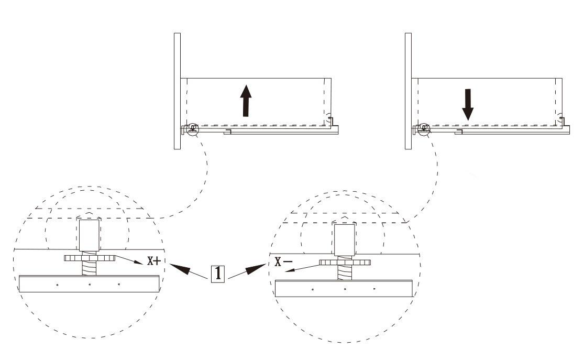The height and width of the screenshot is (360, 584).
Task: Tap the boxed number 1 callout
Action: [218, 274]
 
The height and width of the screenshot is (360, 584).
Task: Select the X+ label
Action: [153, 261]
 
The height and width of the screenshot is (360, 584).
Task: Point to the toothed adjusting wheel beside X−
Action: [345, 263]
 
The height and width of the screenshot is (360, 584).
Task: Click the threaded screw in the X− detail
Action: [345, 272]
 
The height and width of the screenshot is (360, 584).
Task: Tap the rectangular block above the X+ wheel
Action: [90, 235]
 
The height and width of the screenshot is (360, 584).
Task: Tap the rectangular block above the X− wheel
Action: [344, 239]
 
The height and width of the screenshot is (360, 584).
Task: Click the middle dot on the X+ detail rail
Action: [90, 285]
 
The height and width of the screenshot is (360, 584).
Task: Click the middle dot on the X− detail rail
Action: [345, 289]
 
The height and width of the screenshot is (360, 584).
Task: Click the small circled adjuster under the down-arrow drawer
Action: [423, 128]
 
